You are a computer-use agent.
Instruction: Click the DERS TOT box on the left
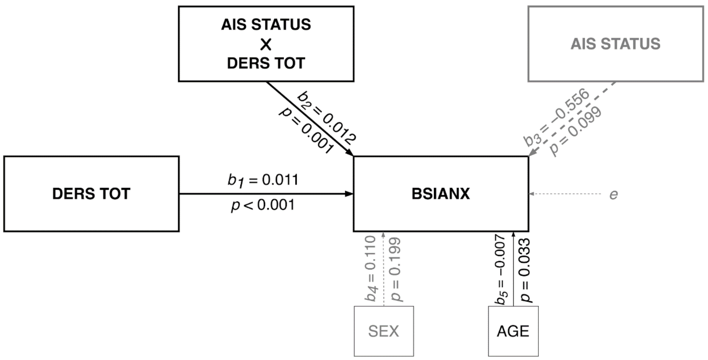(91, 194)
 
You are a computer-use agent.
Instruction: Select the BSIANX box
(441, 194)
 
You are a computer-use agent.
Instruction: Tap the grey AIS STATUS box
(615, 44)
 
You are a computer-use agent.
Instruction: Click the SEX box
(384, 331)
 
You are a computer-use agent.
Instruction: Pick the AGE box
(513, 331)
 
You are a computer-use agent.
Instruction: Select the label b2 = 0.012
(327, 118)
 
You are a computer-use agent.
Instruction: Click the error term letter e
(614, 195)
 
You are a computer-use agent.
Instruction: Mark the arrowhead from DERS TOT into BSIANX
(349, 194)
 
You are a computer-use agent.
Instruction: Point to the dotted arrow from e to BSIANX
(566, 194)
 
